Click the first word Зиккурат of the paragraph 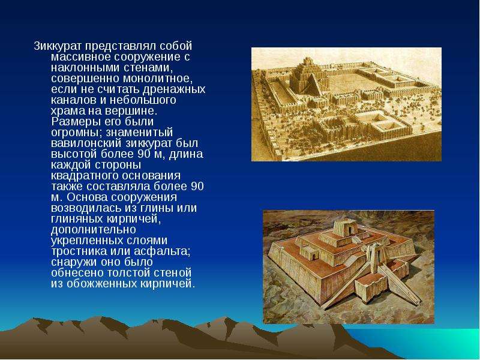(58, 46)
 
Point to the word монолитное (158, 79)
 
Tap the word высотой (74, 154)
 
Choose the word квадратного (85, 176)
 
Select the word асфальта (162, 251)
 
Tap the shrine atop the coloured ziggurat (346, 228)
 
